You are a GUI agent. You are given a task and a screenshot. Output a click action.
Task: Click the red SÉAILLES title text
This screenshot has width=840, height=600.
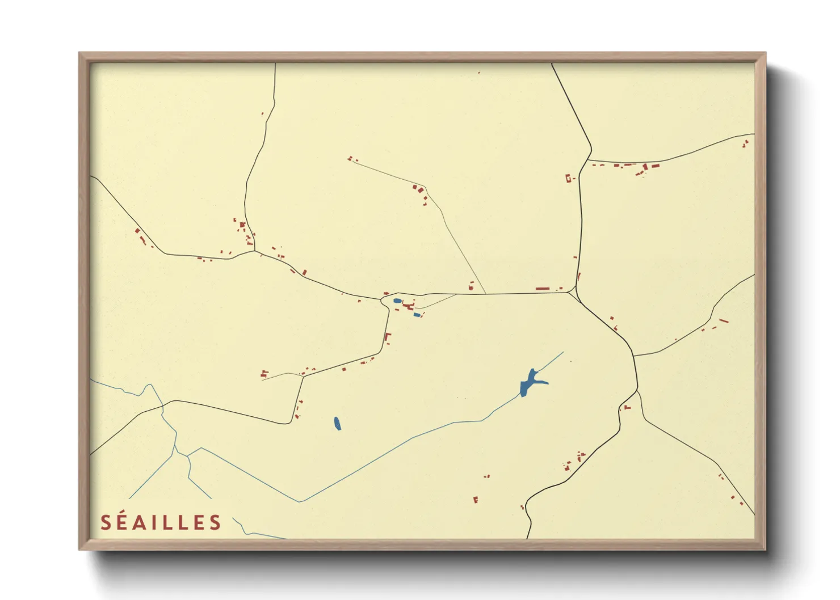161,522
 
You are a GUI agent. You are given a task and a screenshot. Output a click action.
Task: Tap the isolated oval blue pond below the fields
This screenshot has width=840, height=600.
337,423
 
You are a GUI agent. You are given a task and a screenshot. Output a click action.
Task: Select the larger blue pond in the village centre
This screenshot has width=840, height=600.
397,301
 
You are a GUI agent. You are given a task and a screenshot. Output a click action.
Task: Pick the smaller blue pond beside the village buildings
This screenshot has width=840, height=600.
417,314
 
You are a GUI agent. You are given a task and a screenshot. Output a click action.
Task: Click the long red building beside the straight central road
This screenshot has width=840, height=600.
543,289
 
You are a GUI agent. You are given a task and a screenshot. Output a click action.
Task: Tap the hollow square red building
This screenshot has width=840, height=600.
568,179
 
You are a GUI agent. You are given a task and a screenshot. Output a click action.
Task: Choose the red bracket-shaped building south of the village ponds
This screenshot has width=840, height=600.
388,338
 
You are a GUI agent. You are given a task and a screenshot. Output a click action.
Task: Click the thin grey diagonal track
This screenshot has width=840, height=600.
454,238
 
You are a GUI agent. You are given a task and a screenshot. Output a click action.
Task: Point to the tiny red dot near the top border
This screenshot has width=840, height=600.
479,73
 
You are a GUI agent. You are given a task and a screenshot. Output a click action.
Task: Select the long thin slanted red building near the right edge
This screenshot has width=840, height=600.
723,321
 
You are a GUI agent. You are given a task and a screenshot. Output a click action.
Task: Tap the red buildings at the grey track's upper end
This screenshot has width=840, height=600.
350,159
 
